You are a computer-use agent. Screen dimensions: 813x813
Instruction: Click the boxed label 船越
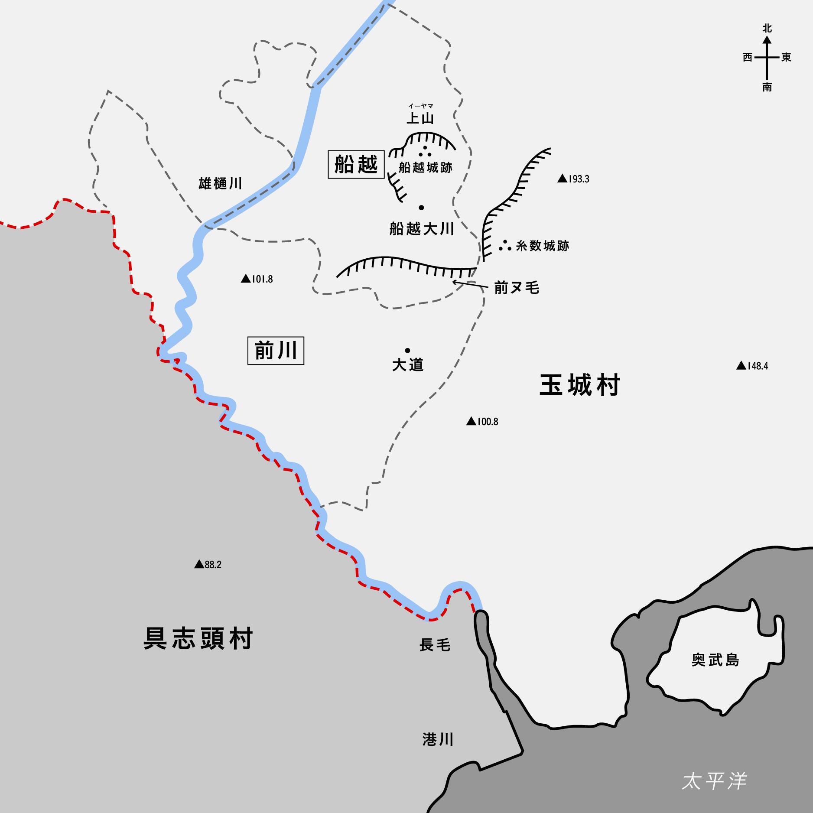tap(356, 164)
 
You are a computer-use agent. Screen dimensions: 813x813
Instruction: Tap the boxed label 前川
tap(276, 350)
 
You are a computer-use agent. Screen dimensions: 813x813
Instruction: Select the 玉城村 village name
tap(579, 385)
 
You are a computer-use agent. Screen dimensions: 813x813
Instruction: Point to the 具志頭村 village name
tap(198, 638)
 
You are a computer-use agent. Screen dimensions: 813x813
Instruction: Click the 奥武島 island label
tap(715, 660)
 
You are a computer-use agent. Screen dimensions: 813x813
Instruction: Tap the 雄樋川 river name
tap(220, 183)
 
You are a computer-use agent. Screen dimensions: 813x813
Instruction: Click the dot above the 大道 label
tap(407, 350)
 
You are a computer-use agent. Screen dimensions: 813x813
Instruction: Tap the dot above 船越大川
tap(421, 208)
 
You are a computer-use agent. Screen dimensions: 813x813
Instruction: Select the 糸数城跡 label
tap(542, 246)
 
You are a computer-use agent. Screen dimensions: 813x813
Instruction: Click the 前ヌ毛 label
tap(517, 288)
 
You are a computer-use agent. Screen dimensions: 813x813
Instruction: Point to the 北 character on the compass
tap(767, 29)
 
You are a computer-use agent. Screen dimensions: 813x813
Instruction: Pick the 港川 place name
tap(438, 739)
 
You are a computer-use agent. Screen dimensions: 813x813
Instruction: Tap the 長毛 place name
tap(435, 645)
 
